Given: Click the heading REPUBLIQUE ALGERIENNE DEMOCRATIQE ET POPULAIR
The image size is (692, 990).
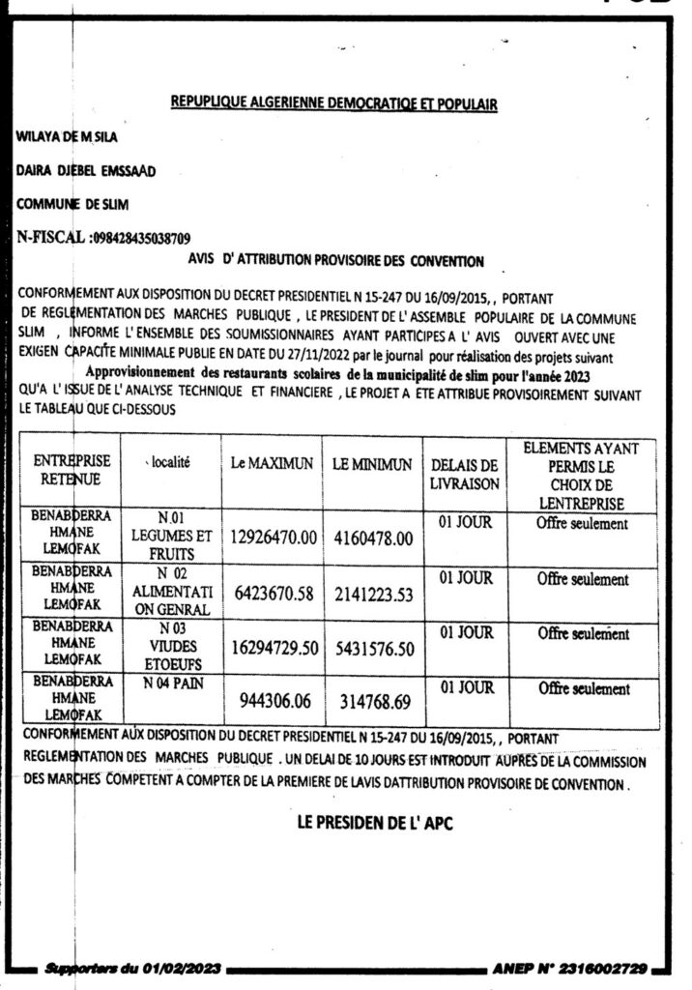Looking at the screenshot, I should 333,104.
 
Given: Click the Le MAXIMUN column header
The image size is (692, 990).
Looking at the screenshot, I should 272,463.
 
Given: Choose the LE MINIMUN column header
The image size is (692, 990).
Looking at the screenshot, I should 372,464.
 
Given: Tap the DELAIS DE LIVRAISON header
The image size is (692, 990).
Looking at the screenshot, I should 465,472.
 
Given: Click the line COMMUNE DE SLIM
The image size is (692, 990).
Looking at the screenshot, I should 72,204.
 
